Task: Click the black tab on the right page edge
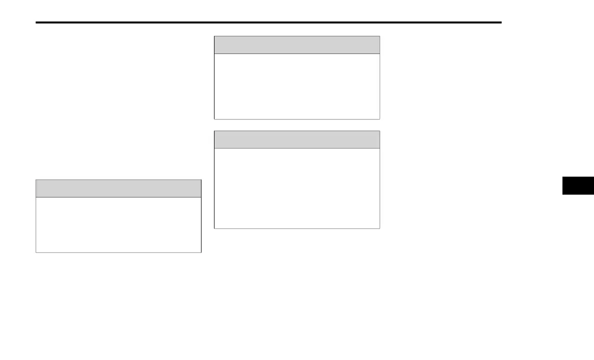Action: pos(578,185)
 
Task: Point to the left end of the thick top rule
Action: pos(36,22)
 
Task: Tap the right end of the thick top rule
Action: pos(500,22)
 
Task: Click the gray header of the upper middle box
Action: pos(296,45)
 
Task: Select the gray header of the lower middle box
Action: pos(296,139)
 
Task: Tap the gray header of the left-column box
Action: pos(118,188)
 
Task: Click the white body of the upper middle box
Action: pos(296,86)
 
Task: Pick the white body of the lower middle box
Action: pos(296,188)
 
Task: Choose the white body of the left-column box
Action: pos(118,224)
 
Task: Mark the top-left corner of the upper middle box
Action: pos(214,36)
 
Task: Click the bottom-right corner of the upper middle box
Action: pos(379,119)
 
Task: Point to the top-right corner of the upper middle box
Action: pos(379,36)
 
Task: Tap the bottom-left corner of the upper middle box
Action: pos(214,119)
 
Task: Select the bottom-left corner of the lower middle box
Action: pos(214,228)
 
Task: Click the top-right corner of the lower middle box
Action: pos(379,131)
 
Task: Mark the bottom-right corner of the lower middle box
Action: pos(379,228)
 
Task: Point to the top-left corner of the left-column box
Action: pos(36,180)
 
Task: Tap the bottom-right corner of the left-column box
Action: pos(201,252)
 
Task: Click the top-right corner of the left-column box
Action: pos(201,180)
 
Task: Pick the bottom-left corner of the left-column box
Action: pos(36,252)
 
